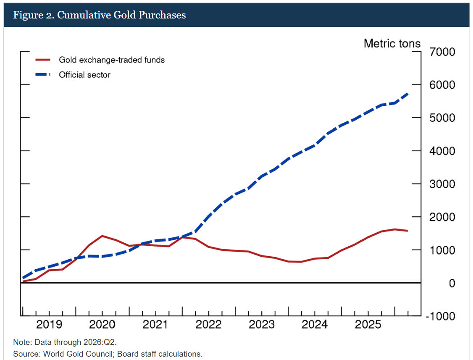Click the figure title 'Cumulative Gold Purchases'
pyautogui.click(x=121, y=15)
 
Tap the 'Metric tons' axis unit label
pyautogui.click(x=392, y=43)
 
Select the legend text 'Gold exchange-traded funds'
pyautogui.click(x=112, y=60)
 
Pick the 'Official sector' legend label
pyautogui.click(x=84, y=75)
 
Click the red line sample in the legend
pyautogui.click(x=43, y=60)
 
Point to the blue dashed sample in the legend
pyautogui.click(x=43, y=74)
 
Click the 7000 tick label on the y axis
pyautogui.click(x=442, y=52)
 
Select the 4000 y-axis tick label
pyautogui.click(x=442, y=151)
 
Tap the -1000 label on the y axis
pyautogui.click(x=440, y=316)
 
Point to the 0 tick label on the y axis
pyautogui.click(x=452, y=284)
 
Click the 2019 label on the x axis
pyautogui.click(x=49, y=324)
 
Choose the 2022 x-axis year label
pyautogui.click(x=208, y=324)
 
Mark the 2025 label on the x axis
pyautogui.click(x=368, y=324)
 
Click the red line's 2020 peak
pyautogui.click(x=102, y=236)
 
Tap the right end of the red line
pyautogui.click(x=407, y=231)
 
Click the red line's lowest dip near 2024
pyautogui.click(x=301, y=262)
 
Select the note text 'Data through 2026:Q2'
pyautogui.click(x=75, y=342)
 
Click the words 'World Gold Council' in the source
pyautogui.click(x=78, y=354)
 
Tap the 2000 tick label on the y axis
pyautogui.click(x=442, y=217)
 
